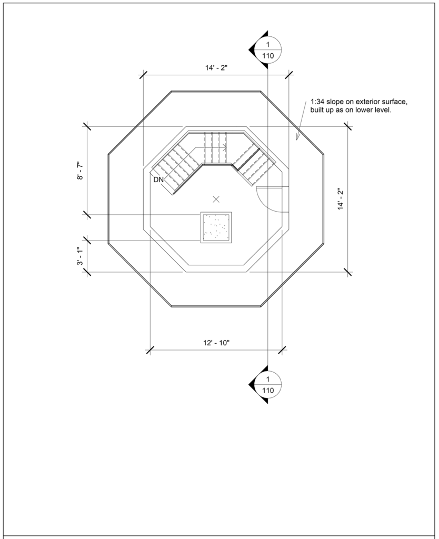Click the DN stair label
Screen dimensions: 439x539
tap(158, 179)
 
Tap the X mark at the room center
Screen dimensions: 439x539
tap(216, 199)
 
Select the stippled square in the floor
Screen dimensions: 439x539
tap(216, 227)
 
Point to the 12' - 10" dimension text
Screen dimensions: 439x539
tap(216, 343)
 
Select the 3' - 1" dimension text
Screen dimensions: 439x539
tap(81, 256)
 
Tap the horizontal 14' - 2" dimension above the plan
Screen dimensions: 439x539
tap(216, 68)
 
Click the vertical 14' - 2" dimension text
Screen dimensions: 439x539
tap(341, 199)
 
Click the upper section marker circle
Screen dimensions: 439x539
tap(268, 50)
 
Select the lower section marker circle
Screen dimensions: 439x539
tap(268, 385)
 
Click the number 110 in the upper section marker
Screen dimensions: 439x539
tap(268, 56)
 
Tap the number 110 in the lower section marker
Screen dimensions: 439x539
tap(268, 391)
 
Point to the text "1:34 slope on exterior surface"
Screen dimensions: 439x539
tap(359, 102)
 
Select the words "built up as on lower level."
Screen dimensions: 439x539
tap(351, 111)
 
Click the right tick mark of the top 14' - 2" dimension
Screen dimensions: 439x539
tap(289, 75)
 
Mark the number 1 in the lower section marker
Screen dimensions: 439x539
tap(268, 379)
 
